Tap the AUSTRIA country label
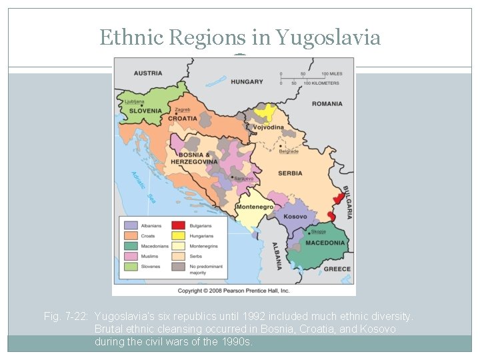click(148, 73)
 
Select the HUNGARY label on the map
click(247, 82)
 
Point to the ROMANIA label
click(327, 104)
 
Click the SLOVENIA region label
click(145, 111)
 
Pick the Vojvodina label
click(268, 127)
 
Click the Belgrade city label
click(289, 151)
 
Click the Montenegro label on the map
click(254, 207)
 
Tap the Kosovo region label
click(295, 217)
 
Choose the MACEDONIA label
click(325, 243)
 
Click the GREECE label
click(337, 269)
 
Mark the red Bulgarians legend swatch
click(179, 226)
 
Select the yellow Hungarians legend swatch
click(179, 236)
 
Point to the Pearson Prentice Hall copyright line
click(233, 291)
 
